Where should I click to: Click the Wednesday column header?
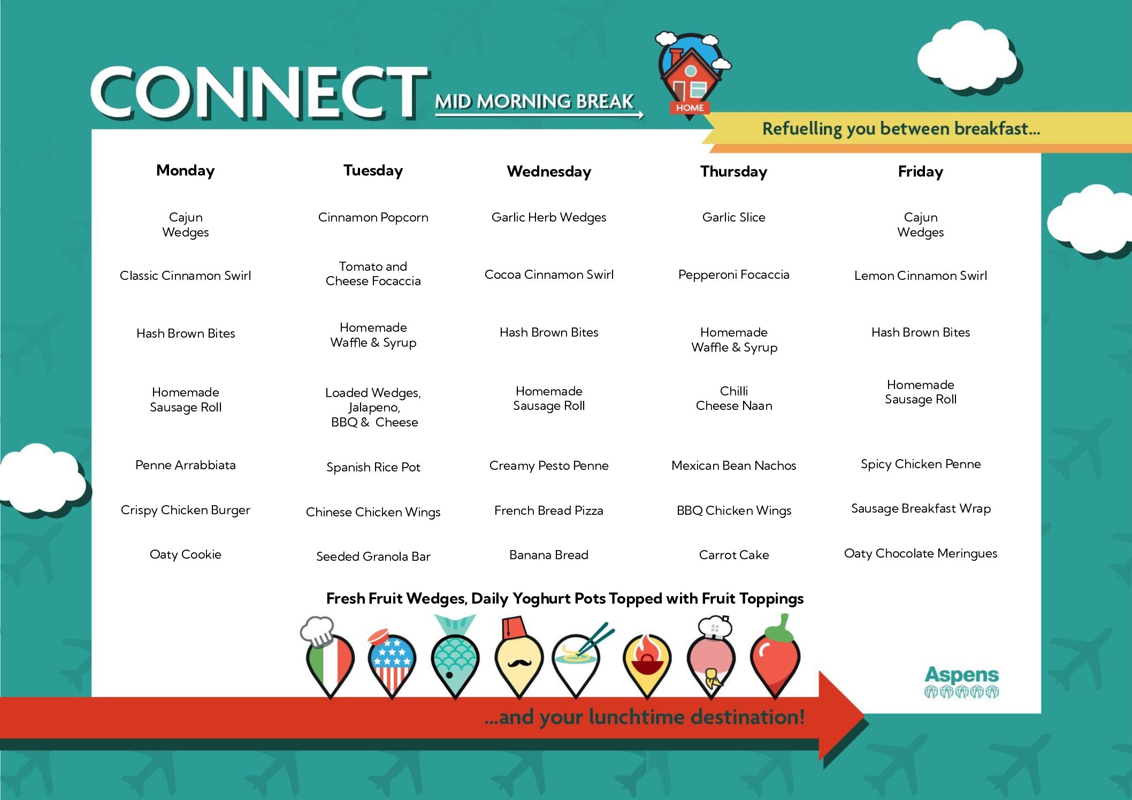click(x=549, y=171)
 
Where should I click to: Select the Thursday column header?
click(x=733, y=171)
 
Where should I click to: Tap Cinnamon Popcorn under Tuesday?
click(x=373, y=217)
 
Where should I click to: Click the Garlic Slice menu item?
click(x=733, y=217)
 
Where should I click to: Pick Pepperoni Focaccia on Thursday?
click(x=733, y=275)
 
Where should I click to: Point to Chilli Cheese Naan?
click(x=734, y=398)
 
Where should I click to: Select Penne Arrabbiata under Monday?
click(x=185, y=465)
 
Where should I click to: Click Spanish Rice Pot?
click(x=373, y=467)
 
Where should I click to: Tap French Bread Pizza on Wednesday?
click(x=549, y=511)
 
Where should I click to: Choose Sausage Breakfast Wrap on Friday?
click(x=921, y=508)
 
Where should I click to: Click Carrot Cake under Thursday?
click(x=733, y=555)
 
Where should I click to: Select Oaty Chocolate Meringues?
click(x=921, y=553)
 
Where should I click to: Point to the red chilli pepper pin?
click(x=775, y=657)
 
